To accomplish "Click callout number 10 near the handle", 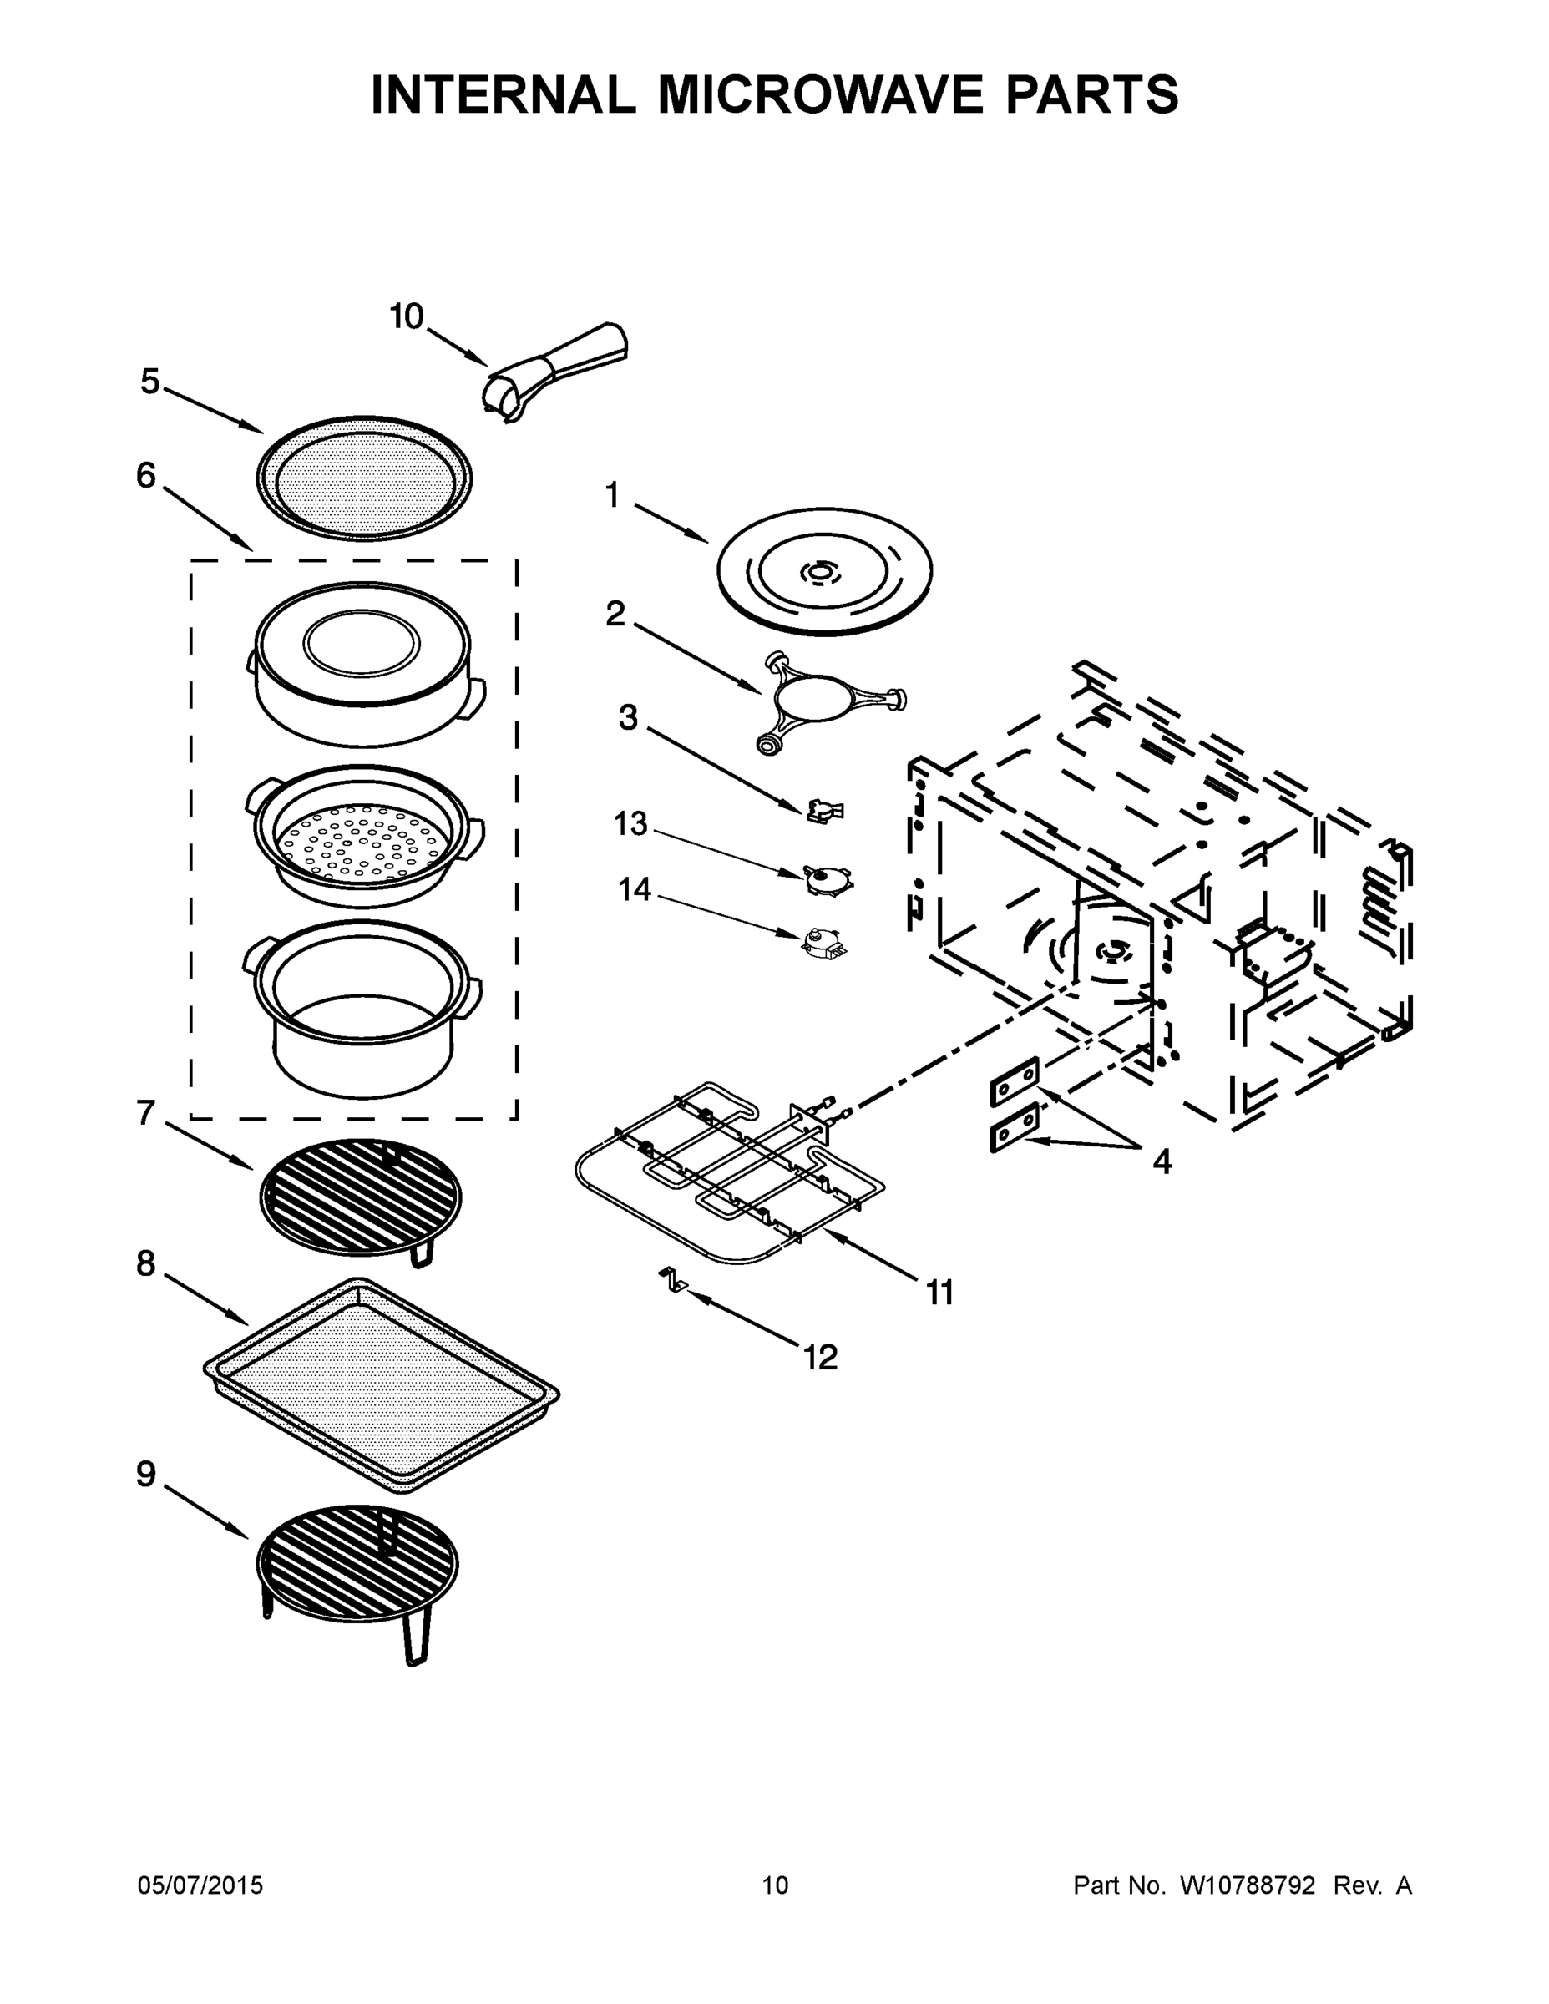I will coord(407,316).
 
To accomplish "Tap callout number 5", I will coord(149,381).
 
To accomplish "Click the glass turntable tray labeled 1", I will coord(823,571).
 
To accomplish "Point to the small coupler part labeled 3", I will coord(825,809).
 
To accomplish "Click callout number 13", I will coord(630,824).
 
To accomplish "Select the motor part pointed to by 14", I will coord(822,943).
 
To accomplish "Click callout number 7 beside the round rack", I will coord(146,1112).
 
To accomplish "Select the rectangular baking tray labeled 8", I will coord(381,1384).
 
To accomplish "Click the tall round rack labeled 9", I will coord(358,1560).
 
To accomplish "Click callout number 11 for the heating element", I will coord(939,1293).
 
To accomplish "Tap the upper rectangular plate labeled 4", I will coord(1014,1083).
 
